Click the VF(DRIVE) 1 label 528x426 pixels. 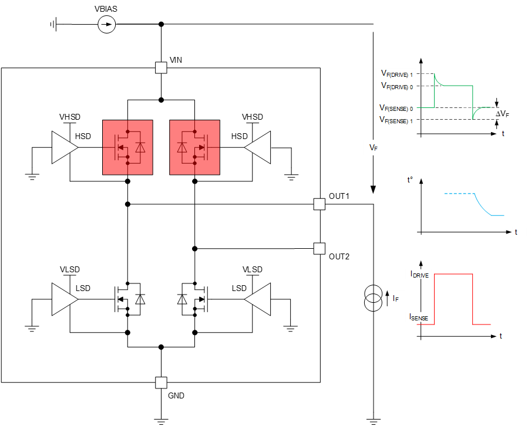pos(395,73)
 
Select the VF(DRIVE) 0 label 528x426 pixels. pos(395,86)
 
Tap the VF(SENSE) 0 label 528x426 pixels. pos(395,108)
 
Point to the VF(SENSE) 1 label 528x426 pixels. pos(395,120)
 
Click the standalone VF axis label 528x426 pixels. pos(373,147)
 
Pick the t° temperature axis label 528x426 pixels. pos(412,180)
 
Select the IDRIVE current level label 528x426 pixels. pos(419,274)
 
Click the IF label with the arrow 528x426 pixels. pos(395,299)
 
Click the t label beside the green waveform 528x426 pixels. pos(506,134)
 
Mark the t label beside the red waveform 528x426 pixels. pos(503,336)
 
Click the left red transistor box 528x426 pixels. pos(127,147)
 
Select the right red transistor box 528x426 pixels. pos(194,147)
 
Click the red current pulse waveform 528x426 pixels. pos(453,274)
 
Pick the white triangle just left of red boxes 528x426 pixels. pos(64,147)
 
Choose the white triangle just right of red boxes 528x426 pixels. pos(258,147)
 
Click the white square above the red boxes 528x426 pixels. pos(161,67)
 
